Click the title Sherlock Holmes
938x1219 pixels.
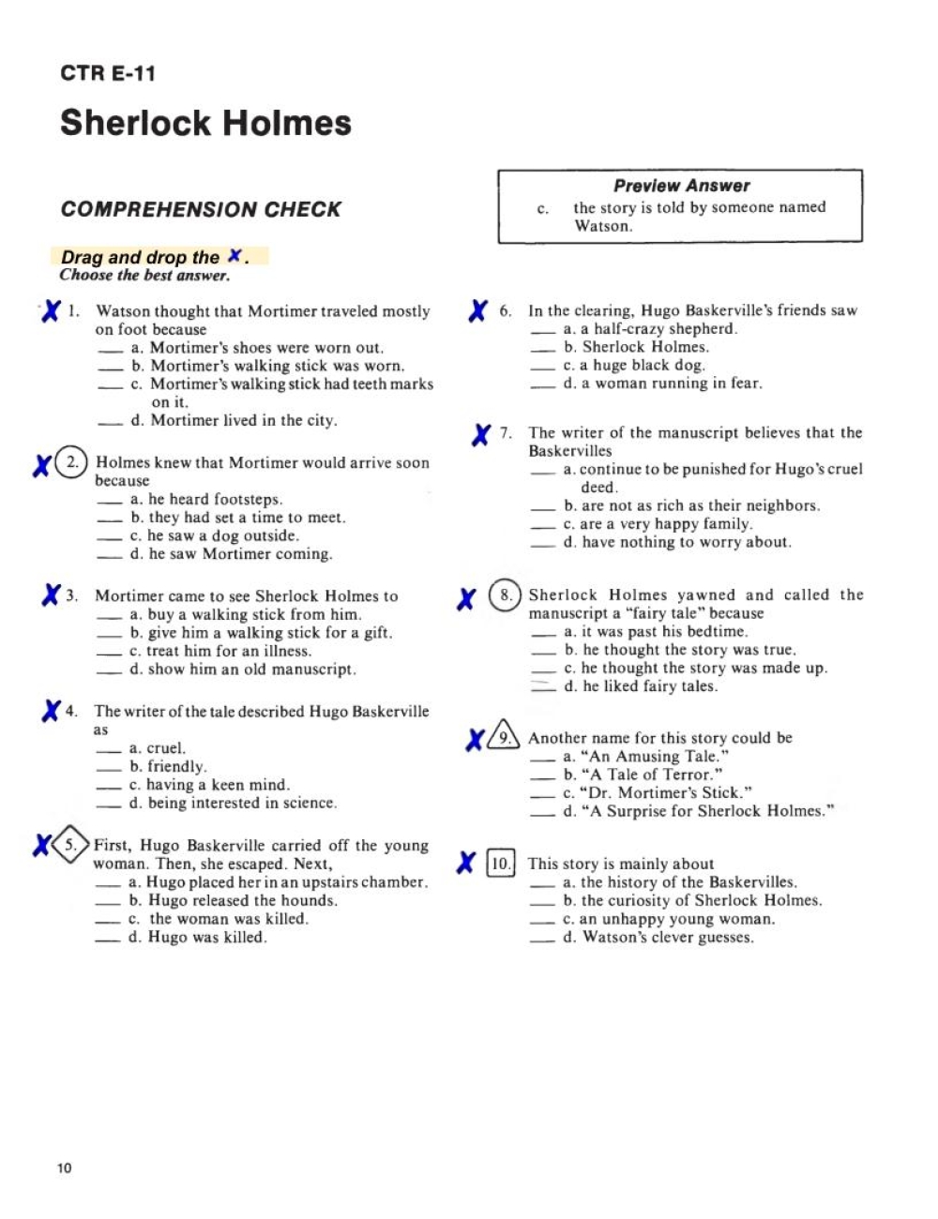(x=205, y=123)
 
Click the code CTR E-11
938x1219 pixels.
(x=108, y=73)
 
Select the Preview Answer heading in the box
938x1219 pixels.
(x=681, y=186)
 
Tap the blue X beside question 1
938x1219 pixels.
(x=51, y=310)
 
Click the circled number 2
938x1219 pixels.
(x=71, y=462)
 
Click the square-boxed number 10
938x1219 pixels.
(x=501, y=863)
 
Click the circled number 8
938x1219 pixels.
(x=505, y=595)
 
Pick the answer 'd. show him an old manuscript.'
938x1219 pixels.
(x=242, y=670)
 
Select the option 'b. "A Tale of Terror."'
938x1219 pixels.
(x=643, y=775)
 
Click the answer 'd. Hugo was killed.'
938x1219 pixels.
(x=197, y=937)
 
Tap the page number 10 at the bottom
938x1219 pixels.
(x=64, y=1167)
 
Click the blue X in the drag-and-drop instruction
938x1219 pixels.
(x=235, y=255)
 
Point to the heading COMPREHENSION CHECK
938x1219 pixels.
(x=201, y=209)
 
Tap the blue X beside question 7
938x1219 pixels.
(x=481, y=434)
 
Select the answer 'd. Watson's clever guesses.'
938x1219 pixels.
(x=658, y=937)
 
